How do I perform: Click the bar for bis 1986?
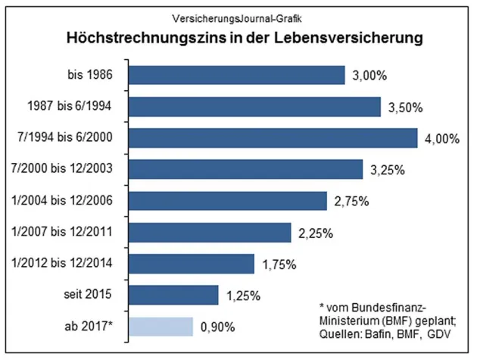click(237, 74)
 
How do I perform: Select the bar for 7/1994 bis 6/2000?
click(273, 137)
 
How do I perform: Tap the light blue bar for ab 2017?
click(161, 326)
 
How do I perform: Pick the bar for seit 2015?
click(173, 294)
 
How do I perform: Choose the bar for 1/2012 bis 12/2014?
click(192, 263)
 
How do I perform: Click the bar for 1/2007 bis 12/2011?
click(210, 231)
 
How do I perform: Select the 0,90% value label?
click(217, 327)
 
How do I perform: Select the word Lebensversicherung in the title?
click(349, 36)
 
